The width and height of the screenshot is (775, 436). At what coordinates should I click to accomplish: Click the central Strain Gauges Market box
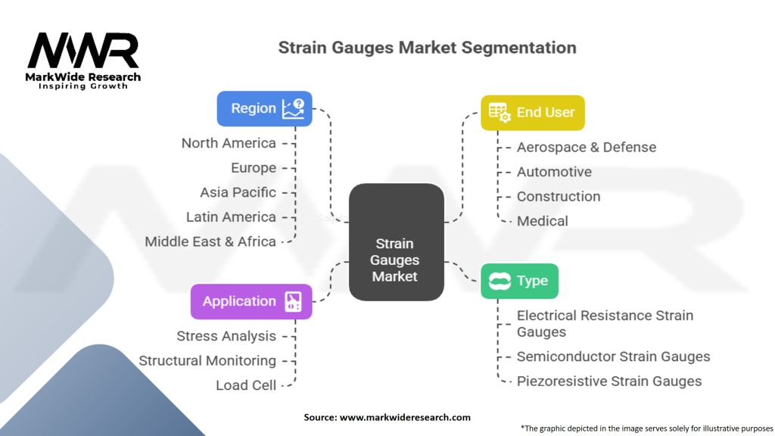395,242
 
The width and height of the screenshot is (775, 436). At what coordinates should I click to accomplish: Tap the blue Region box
264,108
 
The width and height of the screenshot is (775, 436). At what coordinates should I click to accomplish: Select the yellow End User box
532,112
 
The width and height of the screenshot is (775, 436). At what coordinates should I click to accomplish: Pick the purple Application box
251,301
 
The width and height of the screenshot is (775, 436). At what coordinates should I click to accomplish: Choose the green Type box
519,281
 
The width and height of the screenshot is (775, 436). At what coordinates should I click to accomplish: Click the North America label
229,143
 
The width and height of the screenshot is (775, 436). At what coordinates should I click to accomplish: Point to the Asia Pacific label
238,192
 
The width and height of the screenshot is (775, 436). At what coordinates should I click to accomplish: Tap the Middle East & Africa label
210,241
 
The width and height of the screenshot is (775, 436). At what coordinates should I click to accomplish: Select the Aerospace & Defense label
586,147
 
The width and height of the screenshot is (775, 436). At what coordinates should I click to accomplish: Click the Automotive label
554,172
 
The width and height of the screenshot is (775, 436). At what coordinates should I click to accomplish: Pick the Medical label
542,221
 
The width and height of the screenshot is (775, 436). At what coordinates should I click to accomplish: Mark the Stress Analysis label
226,335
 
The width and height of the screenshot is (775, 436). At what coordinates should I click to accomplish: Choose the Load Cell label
246,385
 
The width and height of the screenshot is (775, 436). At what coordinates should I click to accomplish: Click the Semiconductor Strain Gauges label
613,357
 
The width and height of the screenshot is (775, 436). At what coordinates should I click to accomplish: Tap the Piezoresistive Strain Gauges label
609,381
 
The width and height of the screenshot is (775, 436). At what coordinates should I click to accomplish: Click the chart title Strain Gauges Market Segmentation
427,48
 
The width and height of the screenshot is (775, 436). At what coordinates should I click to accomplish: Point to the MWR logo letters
83,51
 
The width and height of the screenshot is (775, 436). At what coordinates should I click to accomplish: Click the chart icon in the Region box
293,108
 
